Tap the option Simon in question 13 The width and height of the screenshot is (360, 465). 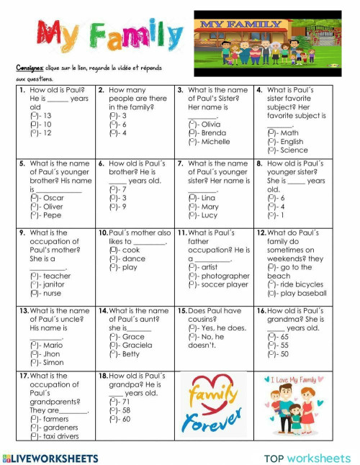(48, 362)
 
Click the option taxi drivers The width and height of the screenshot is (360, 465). (54, 435)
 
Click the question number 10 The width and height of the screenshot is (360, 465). (102, 233)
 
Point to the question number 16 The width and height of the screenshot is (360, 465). (261, 310)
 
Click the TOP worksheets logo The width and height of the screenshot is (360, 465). (307, 458)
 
